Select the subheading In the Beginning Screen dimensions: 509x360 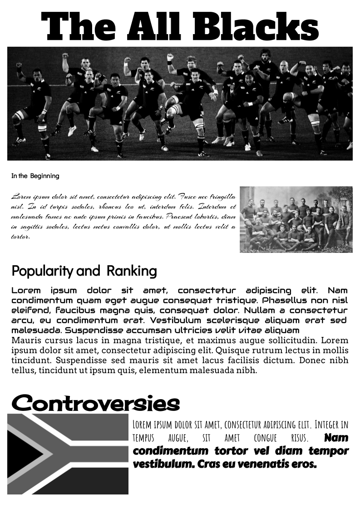point(35,176)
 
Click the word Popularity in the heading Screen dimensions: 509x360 point(42,271)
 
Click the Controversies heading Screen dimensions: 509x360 point(95,403)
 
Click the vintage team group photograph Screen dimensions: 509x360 point(296,219)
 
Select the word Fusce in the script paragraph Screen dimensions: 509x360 point(187,197)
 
